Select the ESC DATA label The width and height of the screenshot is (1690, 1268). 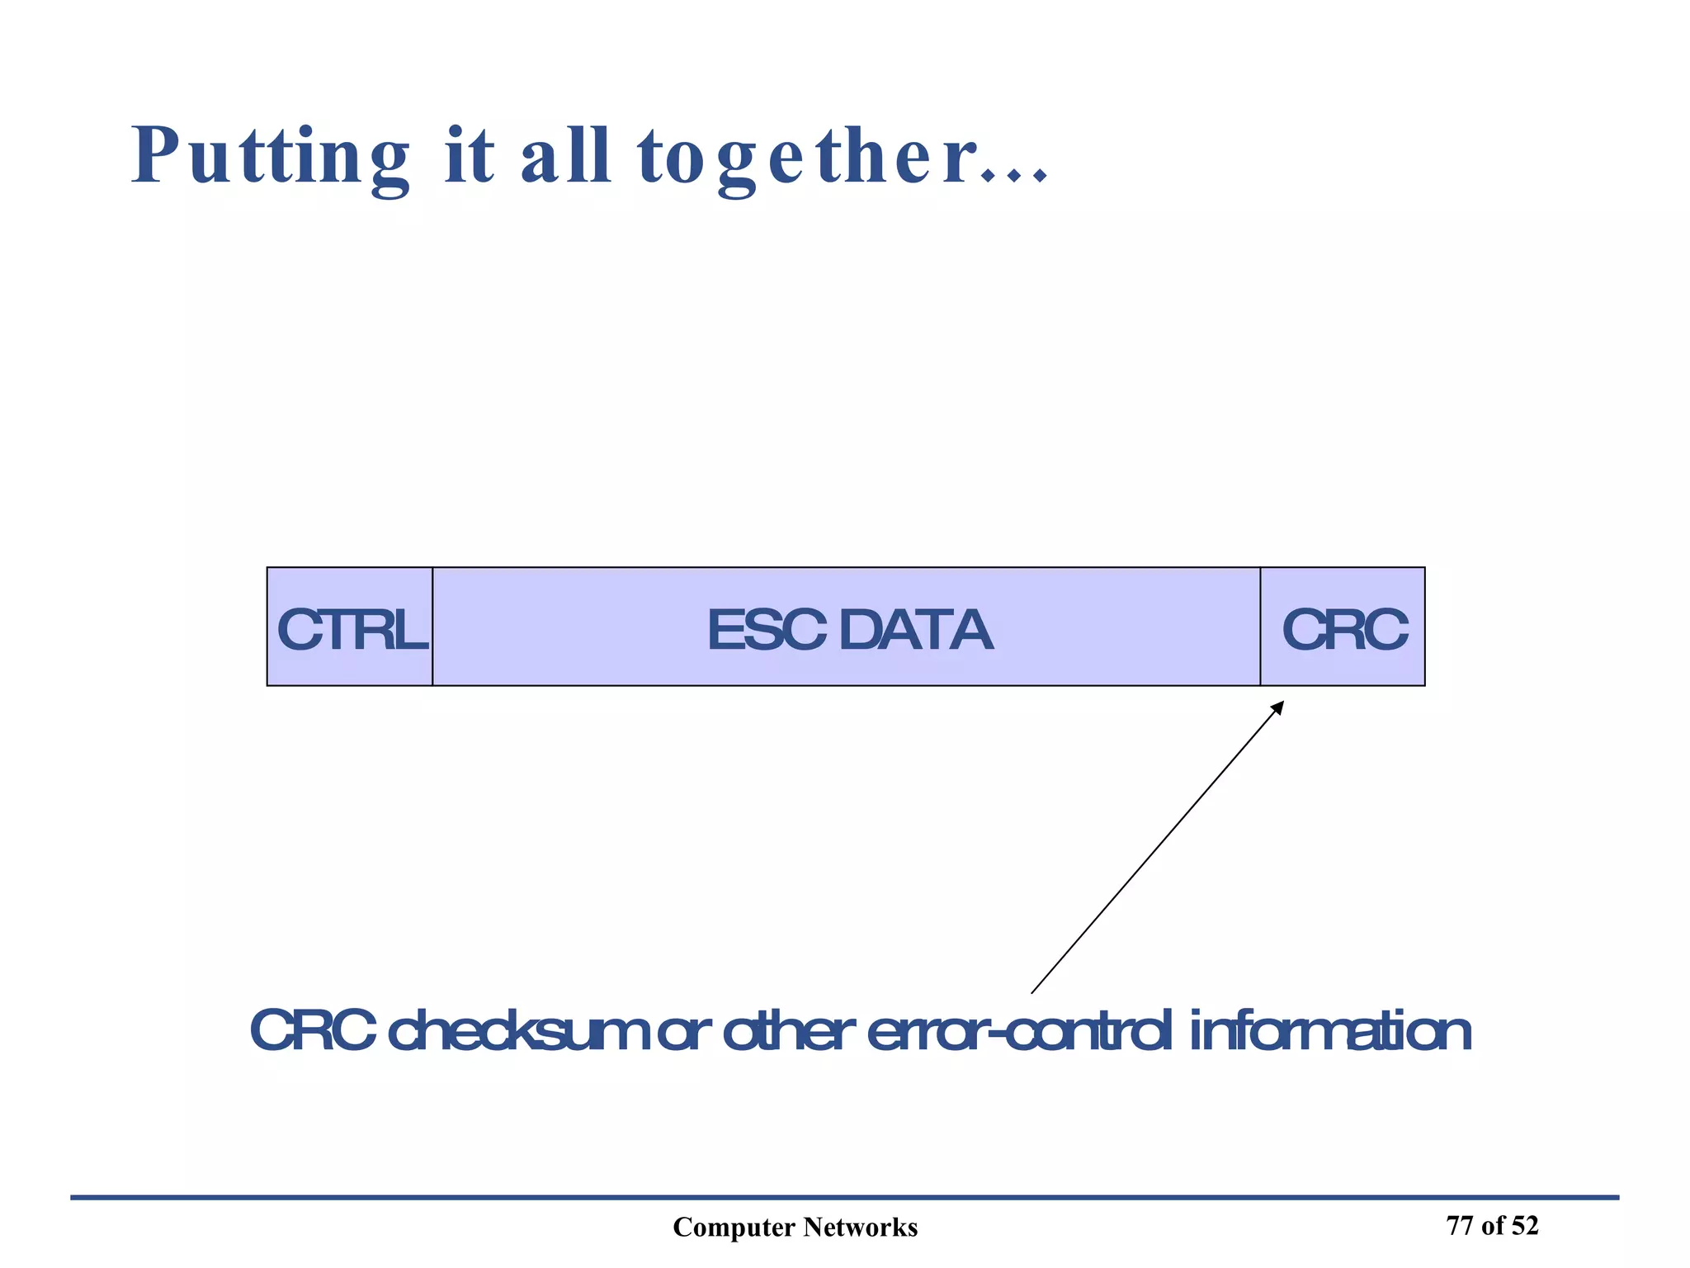pyautogui.click(x=849, y=630)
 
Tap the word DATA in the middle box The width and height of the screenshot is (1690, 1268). pyautogui.click(x=915, y=630)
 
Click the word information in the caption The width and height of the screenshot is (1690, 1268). pyautogui.click(x=1330, y=1031)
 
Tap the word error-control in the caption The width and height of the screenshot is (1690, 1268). pyautogui.click(x=1020, y=1031)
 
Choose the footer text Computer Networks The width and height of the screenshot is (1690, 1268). pyautogui.click(x=795, y=1228)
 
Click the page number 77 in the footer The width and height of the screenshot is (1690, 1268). pyautogui.click(x=1460, y=1226)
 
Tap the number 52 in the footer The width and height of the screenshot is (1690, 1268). pyautogui.click(x=1525, y=1226)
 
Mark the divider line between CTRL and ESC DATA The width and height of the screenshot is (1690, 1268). pyautogui.click(x=432, y=627)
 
